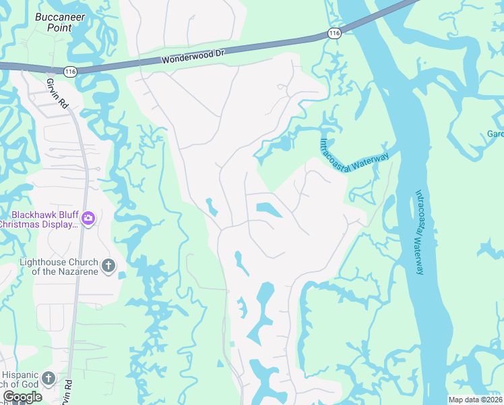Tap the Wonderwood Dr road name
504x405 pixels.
[x=193, y=57]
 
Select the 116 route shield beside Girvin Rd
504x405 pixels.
[x=70, y=70]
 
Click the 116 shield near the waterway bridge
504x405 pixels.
[x=335, y=32]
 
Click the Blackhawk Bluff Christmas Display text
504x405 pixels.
[x=38, y=219]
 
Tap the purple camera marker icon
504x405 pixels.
[x=88, y=218]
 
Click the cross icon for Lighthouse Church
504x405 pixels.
[x=109, y=266]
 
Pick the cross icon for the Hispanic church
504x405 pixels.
[x=48, y=379]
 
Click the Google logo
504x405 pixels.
[x=22, y=396]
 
